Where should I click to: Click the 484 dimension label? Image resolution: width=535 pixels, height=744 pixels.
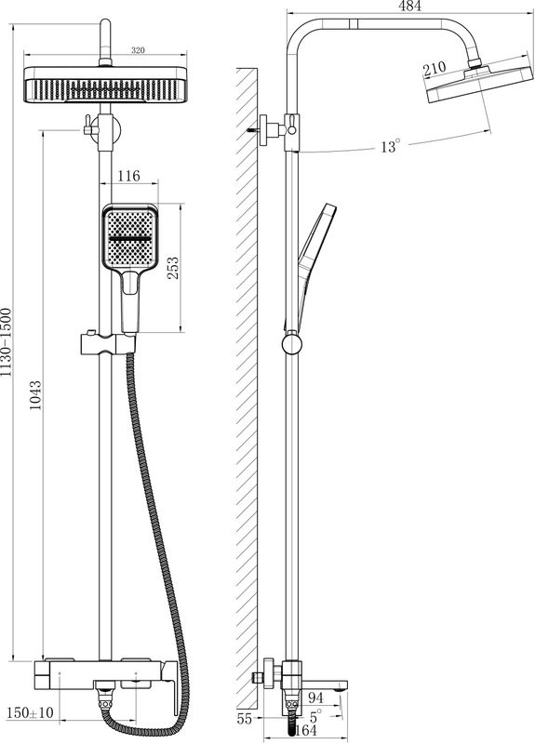click(409, 6)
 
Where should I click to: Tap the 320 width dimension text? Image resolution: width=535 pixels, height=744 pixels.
click(138, 50)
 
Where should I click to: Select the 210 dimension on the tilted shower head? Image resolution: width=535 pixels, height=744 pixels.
click(435, 68)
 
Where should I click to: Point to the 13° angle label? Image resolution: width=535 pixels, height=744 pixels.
click(391, 146)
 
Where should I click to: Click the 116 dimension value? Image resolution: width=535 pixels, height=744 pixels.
click(128, 176)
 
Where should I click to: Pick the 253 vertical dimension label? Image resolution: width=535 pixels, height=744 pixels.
click(173, 268)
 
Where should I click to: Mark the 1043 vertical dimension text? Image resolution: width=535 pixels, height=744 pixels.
click(35, 394)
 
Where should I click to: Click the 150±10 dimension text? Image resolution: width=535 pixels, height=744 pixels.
click(31, 712)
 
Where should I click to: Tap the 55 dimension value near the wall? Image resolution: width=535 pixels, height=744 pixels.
click(245, 719)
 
